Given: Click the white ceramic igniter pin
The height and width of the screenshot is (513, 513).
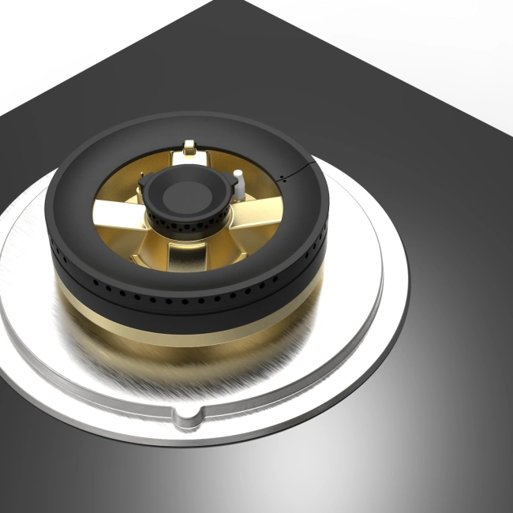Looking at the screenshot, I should click(x=238, y=179).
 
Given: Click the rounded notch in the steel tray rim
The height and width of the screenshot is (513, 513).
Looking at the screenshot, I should click(x=186, y=416).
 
